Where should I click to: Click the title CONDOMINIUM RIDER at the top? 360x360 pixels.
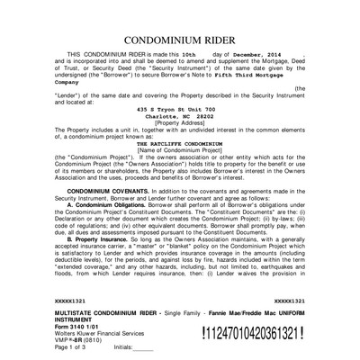pyautogui.click(x=180, y=41)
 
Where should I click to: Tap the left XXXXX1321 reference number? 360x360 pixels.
pyautogui.click(x=74, y=300)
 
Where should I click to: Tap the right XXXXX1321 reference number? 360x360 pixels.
pyautogui.click(x=288, y=300)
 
